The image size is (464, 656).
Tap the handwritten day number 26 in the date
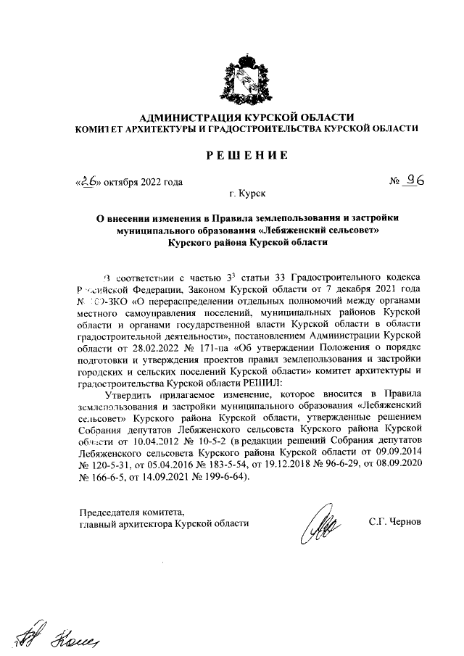90,181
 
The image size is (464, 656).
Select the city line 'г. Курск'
247,195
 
